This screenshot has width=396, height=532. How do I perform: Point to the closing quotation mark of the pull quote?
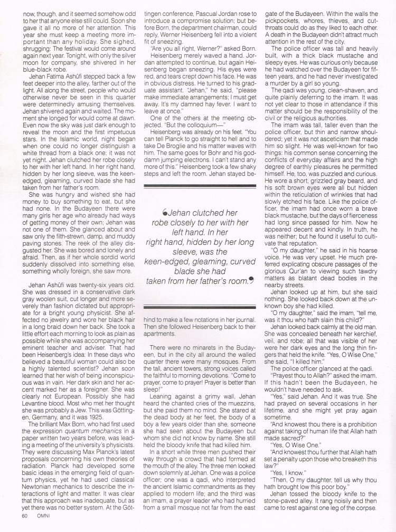(251, 281)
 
